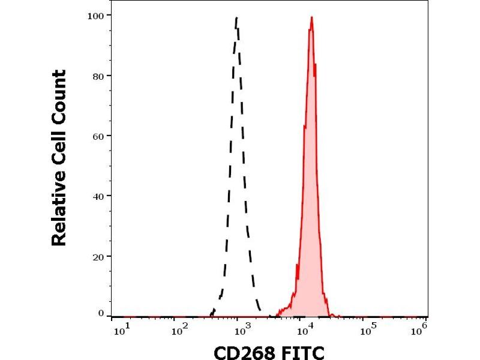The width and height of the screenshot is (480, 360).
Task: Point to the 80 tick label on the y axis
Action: [98, 76]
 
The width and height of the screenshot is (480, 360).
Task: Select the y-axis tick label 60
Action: [98, 136]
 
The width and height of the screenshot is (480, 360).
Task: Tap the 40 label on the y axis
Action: [98, 196]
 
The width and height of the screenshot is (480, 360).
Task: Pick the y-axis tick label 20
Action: [98, 256]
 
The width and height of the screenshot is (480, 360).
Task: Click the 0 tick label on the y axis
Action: [101, 313]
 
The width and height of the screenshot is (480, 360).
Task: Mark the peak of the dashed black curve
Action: [237, 18]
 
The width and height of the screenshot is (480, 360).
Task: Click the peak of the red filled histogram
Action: [311, 17]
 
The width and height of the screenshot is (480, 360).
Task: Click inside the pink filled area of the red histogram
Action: [311, 180]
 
